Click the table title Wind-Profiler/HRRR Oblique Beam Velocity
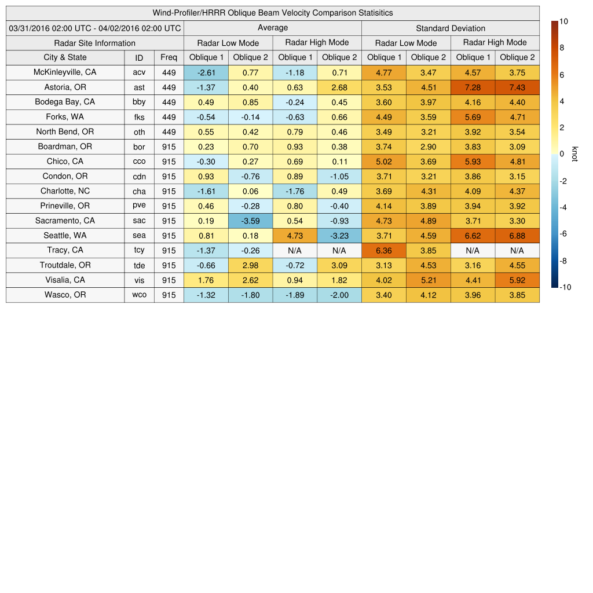pos(273,13)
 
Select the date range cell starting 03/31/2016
pos(95,28)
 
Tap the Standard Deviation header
pos(451,28)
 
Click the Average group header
pos(272,28)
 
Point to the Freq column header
pos(169,57)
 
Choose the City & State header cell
pos(65,57)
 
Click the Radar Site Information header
pos(95,43)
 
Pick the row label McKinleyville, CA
pos(65,72)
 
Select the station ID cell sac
pos(139,221)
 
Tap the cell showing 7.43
pos(517,87)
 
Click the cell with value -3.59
pos(250,221)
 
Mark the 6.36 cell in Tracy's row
pos(383,250)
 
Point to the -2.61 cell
pos(206,72)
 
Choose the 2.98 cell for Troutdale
pos(250,265)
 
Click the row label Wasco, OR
pos(65,295)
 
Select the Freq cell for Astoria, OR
pos(169,87)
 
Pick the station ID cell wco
pos(139,295)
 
